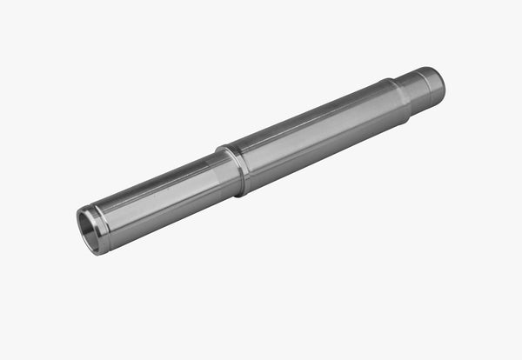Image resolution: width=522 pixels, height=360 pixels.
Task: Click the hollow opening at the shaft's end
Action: [90, 231]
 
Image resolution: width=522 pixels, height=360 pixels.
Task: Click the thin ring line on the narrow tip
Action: [415, 90]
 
